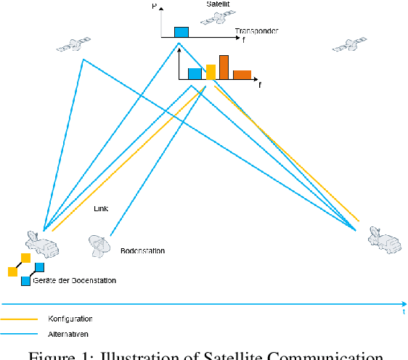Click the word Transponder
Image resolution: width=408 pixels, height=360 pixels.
point(256,32)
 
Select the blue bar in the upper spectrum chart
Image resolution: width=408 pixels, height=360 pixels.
point(181,32)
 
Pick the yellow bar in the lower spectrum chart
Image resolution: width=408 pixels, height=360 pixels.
point(211,71)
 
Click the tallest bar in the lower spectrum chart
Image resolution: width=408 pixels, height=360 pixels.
point(224,67)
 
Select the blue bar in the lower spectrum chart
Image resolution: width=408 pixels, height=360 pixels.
point(195,73)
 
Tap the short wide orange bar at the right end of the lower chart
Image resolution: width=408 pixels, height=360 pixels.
point(242,74)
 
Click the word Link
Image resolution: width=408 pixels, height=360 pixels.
point(102,208)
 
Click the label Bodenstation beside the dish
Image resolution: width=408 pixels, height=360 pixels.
point(142,251)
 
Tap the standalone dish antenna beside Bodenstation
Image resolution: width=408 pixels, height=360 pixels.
point(99,245)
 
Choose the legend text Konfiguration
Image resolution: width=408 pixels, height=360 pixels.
point(70,319)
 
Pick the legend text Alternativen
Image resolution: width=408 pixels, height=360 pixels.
point(68,334)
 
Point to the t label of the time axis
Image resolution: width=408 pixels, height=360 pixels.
point(403,311)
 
